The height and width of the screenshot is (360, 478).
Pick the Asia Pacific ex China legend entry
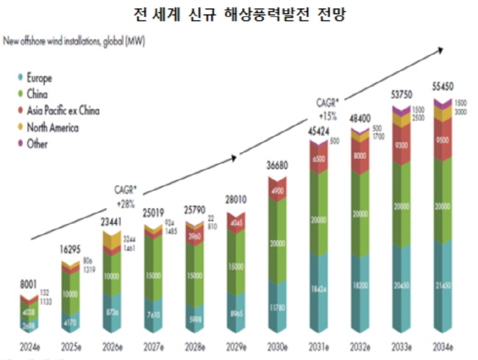[63, 111]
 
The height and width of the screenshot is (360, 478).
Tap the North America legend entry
[51, 128]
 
